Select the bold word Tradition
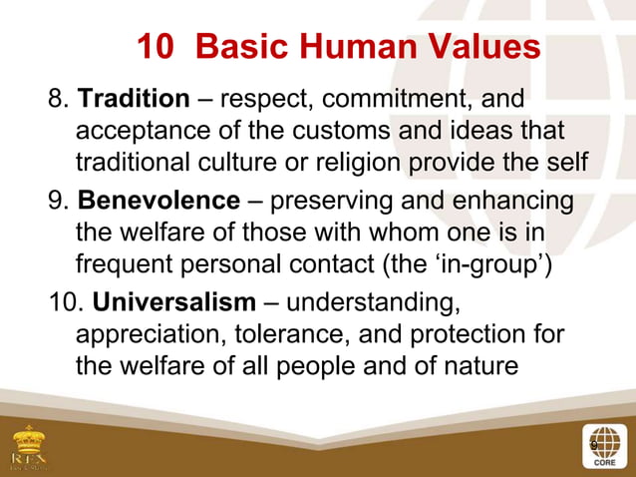click(134, 100)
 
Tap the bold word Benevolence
click(159, 203)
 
